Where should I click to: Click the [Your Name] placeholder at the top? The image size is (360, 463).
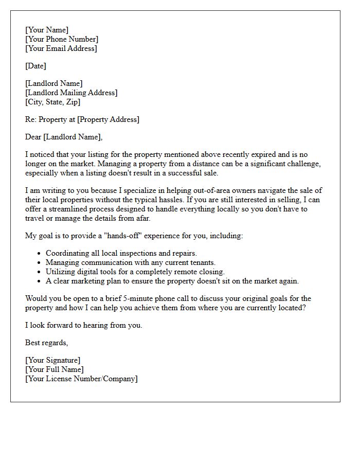click(x=46, y=30)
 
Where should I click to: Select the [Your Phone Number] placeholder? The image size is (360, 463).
click(x=61, y=39)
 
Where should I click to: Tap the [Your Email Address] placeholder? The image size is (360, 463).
click(x=61, y=48)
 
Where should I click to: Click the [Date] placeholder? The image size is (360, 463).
click(x=35, y=66)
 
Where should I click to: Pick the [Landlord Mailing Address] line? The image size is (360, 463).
click(x=71, y=93)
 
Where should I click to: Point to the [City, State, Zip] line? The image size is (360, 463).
click(x=52, y=102)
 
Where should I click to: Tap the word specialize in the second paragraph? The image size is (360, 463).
click(x=139, y=190)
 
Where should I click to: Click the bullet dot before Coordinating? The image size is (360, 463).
click(x=40, y=254)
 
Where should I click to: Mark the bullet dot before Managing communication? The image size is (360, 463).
click(x=40, y=263)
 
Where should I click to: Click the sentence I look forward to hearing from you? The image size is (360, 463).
click(x=83, y=325)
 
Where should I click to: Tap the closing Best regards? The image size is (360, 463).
click(x=46, y=343)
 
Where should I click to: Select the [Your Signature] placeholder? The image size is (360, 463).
click(x=52, y=360)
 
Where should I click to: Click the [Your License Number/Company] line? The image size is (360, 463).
click(x=81, y=379)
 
